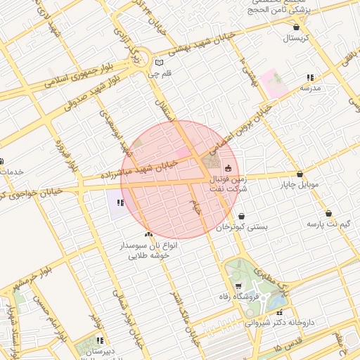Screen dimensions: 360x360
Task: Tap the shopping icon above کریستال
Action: (296, 27)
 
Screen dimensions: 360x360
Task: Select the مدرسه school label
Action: (310, 89)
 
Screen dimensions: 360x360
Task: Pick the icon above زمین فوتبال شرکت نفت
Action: (227, 168)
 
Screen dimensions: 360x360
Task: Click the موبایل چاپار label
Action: (300, 185)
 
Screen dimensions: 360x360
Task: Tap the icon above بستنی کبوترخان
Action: (242, 216)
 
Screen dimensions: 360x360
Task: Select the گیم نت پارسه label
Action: (328, 224)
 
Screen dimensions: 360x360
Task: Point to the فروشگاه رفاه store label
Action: (238, 297)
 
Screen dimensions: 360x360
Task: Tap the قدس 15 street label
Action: (288, 347)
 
